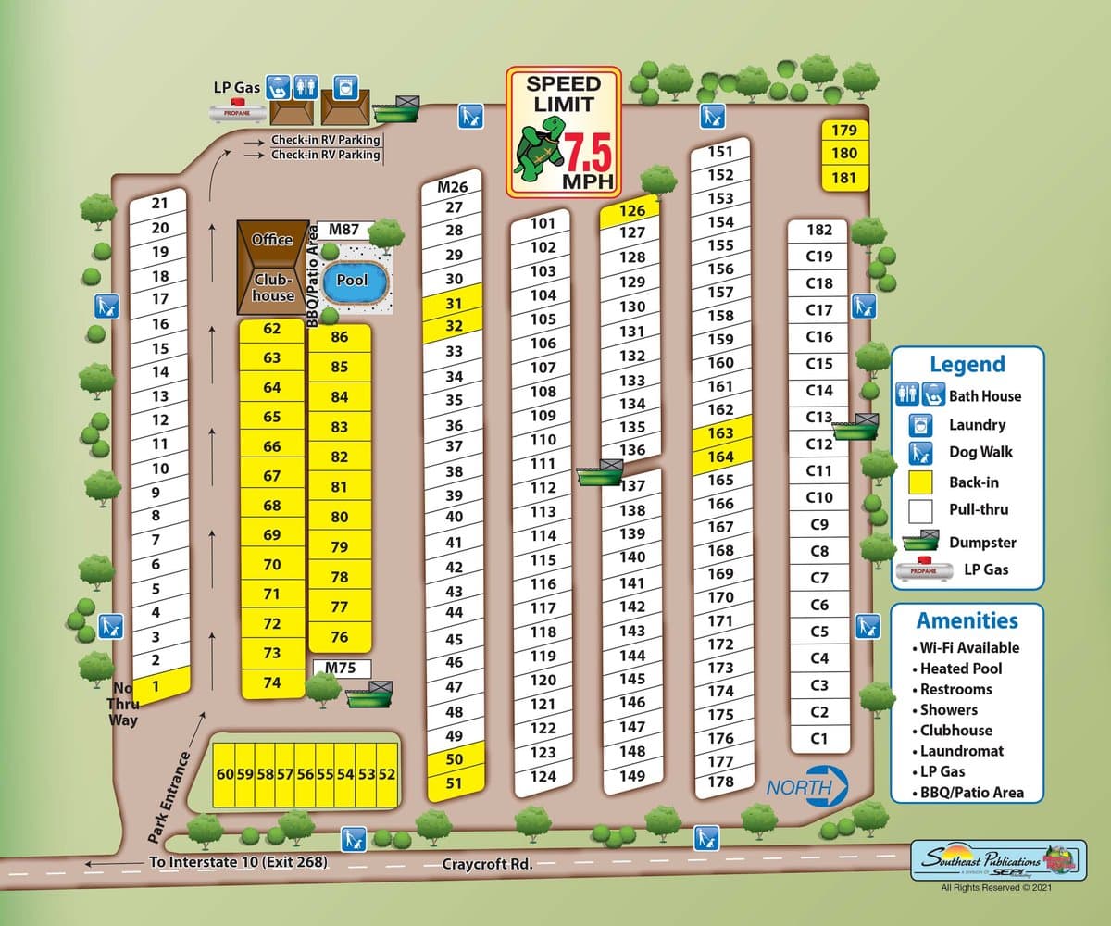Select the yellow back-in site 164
coord(719,457)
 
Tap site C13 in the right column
coord(819,417)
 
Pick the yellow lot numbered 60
coord(223,773)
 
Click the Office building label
coord(273,240)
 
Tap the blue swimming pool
coord(352,280)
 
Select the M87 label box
coord(343,229)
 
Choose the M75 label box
coord(341,668)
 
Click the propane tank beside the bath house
coord(236,112)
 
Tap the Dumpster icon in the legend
coord(919,543)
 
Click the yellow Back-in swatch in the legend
coord(919,482)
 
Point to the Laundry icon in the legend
coord(919,425)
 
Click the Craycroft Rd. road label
coord(487,864)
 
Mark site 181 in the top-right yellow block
coord(843,178)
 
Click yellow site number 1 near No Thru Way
coord(156,686)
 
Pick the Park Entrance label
coord(169,796)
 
